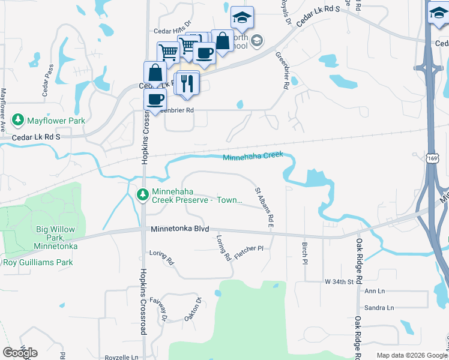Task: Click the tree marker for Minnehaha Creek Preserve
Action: click(x=143, y=194)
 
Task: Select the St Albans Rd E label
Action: click(x=264, y=208)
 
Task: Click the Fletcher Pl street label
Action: click(x=249, y=248)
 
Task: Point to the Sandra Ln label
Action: click(x=379, y=308)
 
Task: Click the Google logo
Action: click(x=20, y=353)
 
